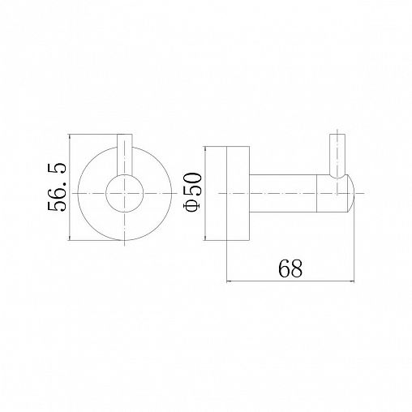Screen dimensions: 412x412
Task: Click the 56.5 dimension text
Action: pos(57,187)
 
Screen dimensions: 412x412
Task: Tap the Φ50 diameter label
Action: pos(192,192)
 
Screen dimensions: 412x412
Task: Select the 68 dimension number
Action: pos(290,268)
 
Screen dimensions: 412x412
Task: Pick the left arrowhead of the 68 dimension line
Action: pos(229,281)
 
